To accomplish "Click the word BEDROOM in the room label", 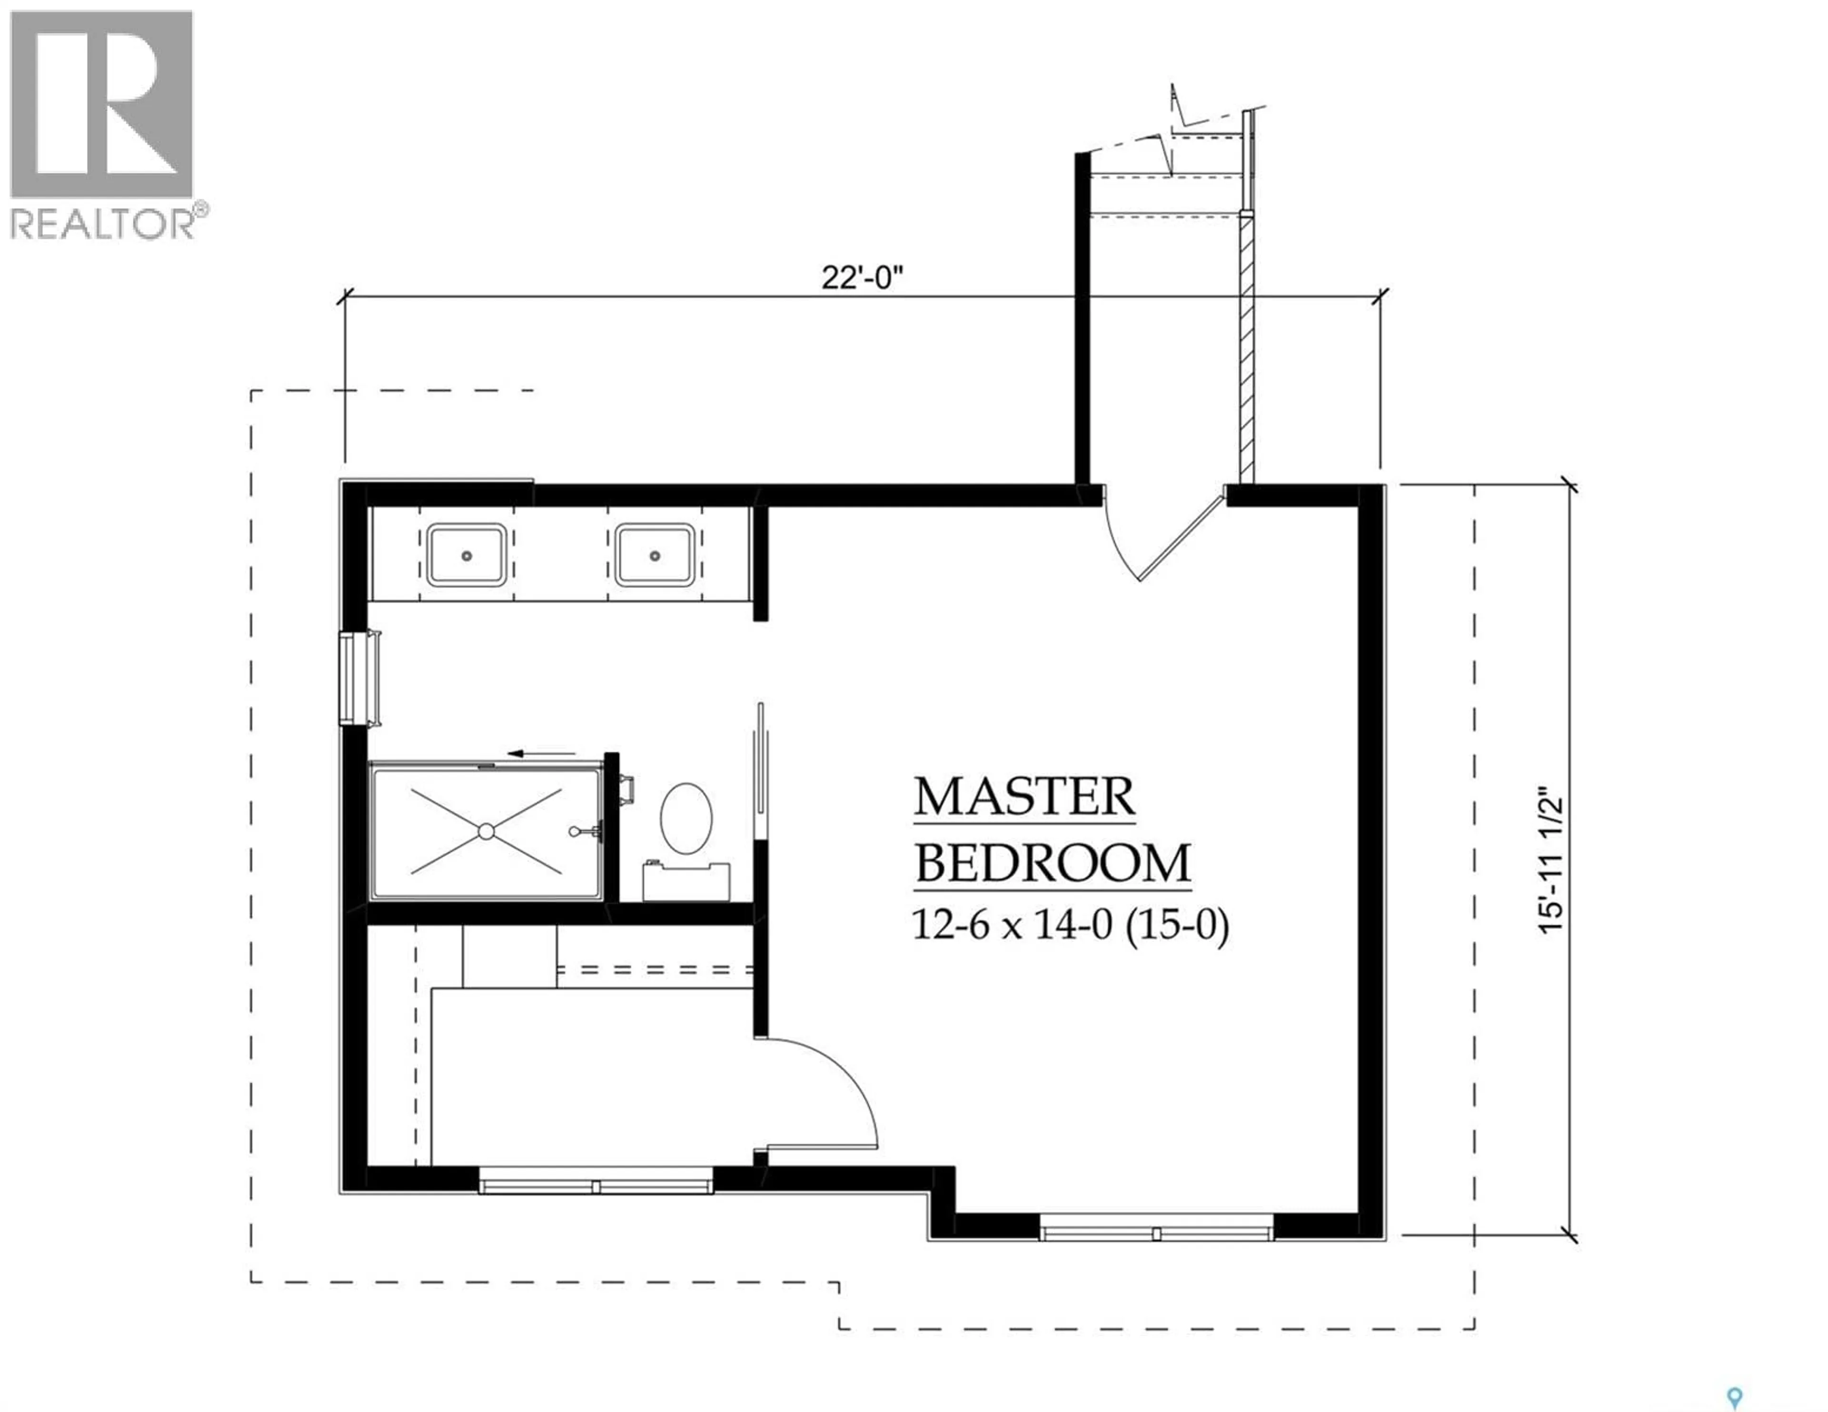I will (1053, 864).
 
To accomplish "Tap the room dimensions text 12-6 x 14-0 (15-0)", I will (1070, 926).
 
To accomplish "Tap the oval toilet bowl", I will (686, 819).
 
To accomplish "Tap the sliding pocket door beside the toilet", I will (760, 770).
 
